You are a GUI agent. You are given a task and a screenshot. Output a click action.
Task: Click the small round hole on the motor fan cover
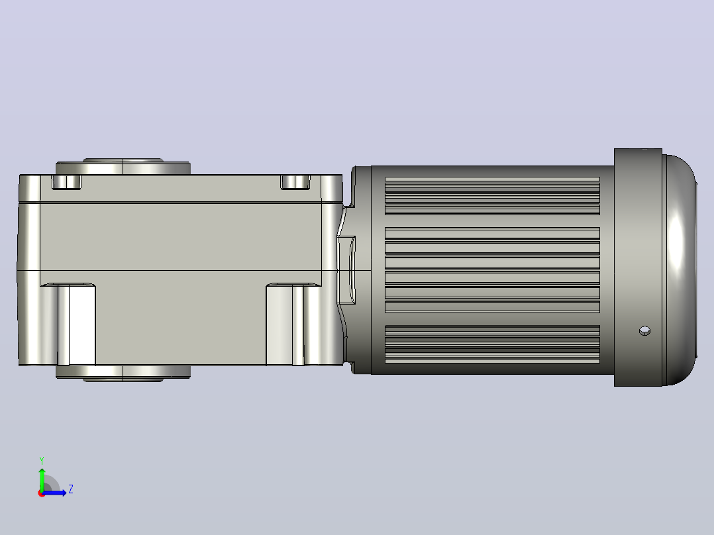[644, 330]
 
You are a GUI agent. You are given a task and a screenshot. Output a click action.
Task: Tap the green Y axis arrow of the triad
[42, 478]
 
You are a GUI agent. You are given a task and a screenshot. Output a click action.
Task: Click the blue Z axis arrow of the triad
[54, 493]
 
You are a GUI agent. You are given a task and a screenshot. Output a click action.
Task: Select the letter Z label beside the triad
[71, 489]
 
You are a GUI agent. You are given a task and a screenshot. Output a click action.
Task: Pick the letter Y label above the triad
[42, 460]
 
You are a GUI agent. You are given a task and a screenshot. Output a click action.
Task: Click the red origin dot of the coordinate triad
[42, 493]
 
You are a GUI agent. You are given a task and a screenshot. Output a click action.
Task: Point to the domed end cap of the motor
[680, 269]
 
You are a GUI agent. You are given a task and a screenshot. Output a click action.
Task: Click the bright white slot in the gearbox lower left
[81, 325]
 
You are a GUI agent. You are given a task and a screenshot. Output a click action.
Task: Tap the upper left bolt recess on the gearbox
[66, 182]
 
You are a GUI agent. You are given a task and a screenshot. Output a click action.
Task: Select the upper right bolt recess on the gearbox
[295, 182]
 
